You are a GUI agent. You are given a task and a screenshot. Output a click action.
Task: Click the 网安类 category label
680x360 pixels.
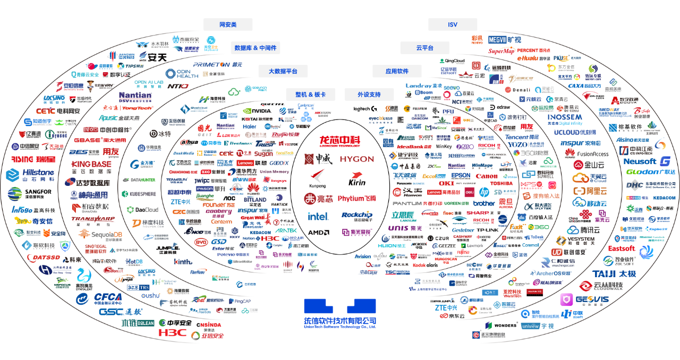point(228,25)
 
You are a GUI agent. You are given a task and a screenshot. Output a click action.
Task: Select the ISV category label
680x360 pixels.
point(453,25)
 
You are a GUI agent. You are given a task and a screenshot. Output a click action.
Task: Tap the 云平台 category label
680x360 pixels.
point(424,48)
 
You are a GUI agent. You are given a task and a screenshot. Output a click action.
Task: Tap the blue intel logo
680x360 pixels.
point(318,216)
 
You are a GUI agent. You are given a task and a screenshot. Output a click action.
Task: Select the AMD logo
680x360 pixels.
point(319,232)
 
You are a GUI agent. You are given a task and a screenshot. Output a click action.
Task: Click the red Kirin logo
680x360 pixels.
point(357,182)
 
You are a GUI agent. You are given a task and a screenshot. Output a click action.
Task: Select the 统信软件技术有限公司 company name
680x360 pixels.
point(340,321)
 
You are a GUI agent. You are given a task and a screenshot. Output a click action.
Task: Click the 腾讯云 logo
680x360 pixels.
point(586,230)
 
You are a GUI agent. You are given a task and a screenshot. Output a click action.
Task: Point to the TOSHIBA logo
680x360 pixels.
point(501,183)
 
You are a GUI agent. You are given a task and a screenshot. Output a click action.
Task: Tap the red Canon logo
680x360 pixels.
point(486,176)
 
